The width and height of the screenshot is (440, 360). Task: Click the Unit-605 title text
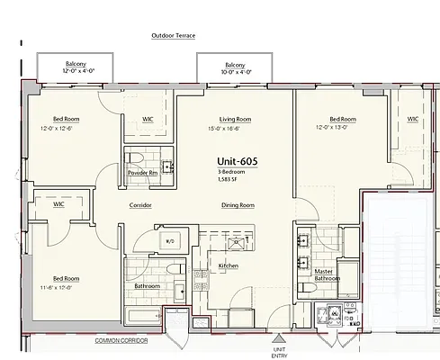point(238,161)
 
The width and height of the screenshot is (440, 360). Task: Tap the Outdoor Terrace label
point(174,36)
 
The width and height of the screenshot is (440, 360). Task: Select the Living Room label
point(235,120)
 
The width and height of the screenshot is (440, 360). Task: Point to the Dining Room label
point(238,205)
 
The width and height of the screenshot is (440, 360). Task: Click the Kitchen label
point(229,265)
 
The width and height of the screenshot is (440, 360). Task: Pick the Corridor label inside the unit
point(140,205)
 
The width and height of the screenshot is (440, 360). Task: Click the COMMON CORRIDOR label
point(121,340)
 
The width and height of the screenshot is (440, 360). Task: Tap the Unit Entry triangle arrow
point(279,338)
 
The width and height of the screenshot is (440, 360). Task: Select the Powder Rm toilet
point(134,157)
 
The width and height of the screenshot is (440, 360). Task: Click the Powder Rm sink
point(167,166)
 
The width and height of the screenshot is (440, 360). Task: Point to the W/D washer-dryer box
point(170,240)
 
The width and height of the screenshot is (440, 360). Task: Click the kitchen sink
point(237,243)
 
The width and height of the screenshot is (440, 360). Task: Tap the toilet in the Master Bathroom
point(307,288)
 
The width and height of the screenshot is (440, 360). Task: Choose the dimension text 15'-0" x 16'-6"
point(224,129)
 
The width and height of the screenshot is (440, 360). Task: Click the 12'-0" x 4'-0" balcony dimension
point(78,71)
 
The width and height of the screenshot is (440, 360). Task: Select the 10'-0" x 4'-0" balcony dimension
point(237,72)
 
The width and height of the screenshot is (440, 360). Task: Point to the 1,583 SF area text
point(228,180)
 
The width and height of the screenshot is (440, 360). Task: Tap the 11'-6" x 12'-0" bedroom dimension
point(57,288)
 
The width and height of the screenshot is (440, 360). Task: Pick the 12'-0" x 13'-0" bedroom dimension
point(332,127)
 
